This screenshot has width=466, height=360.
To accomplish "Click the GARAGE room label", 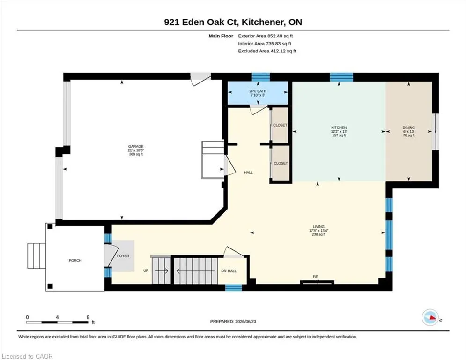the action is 136,146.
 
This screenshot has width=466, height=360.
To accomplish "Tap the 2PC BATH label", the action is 258,91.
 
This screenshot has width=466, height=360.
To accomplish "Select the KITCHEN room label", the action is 339,127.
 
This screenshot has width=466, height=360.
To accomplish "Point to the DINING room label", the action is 409,127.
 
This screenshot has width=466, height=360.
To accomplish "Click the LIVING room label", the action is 318,227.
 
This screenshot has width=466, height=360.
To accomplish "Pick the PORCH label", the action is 75,260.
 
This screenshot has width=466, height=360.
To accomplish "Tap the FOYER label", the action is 123,256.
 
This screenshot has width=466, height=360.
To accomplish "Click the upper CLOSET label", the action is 280,125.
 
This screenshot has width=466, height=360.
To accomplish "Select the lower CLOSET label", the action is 281,163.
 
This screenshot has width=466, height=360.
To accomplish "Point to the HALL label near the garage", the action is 248,172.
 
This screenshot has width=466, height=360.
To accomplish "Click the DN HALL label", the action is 229,271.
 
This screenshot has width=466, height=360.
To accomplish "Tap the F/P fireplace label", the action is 316,277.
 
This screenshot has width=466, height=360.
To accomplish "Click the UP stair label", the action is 146,271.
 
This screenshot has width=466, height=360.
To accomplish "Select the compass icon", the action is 430,317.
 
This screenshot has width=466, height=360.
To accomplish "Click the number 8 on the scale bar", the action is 88,317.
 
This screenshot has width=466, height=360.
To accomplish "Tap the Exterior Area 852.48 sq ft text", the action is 266,36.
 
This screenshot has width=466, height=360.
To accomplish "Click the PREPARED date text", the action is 233,321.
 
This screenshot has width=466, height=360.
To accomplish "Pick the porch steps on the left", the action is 37,256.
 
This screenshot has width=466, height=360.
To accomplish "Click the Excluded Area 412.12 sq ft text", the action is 267,51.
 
